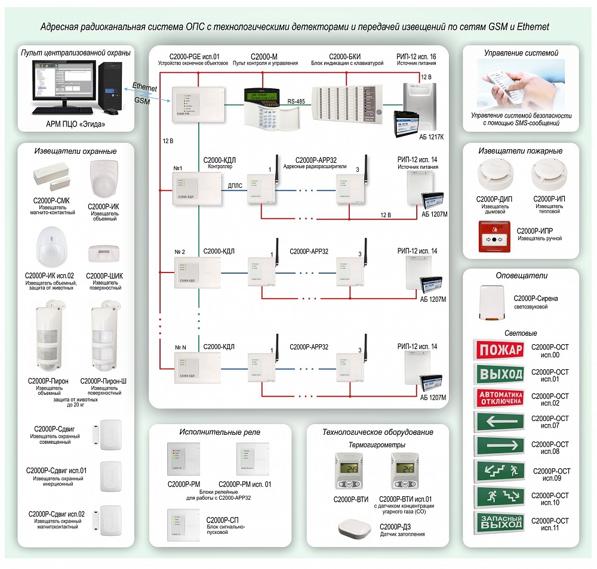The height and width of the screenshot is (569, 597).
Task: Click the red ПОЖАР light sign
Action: point(499,350)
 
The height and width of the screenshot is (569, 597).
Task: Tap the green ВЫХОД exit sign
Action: point(499,374)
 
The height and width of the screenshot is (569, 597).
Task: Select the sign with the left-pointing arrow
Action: point(499,422)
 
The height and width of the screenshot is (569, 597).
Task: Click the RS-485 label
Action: point(296,101)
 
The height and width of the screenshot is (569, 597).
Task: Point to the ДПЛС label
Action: point(235,185)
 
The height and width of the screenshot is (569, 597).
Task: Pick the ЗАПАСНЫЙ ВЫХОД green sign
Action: point(499,523)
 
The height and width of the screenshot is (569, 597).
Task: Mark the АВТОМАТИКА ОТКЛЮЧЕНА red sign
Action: point(499,398)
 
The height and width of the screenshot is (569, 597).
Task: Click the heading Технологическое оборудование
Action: point(377,432)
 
